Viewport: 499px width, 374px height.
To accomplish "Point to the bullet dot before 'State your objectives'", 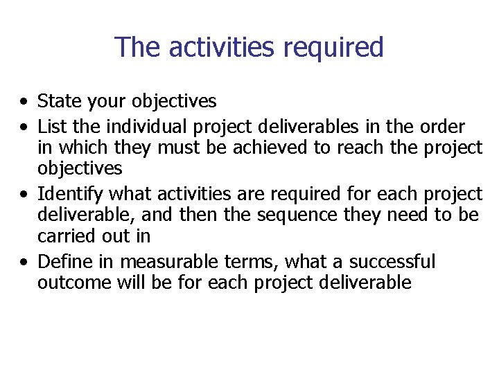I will click(x=24, y=103).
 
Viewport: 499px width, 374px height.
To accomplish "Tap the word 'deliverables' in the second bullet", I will click(x=305, y=127).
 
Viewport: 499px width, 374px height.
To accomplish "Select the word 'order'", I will click(x=442, y=127).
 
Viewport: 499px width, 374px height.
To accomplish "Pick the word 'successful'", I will click(x=392, y=262).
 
